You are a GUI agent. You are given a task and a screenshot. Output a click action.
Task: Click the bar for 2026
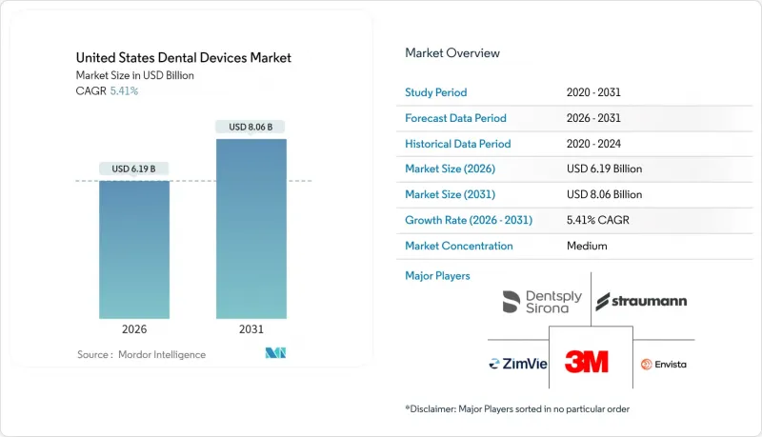coord(134,248)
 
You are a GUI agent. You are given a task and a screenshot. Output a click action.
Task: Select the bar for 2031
coord(251,228)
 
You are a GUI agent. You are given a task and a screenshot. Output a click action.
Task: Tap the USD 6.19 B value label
coord(134,169)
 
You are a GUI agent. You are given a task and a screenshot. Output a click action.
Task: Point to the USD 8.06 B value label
coord(251,127)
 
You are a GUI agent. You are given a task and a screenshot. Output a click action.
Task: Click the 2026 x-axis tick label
coord(134,330)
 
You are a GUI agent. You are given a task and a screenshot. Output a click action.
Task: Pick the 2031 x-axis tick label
coord(251,330)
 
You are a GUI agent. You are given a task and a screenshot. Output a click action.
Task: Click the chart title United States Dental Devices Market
coord(184,58)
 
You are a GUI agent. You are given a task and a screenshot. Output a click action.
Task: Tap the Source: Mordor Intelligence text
coord(141,354)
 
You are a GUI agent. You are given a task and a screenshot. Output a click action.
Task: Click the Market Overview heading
coord(452,53)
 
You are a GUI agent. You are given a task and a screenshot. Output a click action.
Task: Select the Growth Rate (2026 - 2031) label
coord(469,220)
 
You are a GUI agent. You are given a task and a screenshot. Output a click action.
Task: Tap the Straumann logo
coord(641,302)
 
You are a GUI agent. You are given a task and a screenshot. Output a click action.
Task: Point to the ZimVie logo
coord(518,364)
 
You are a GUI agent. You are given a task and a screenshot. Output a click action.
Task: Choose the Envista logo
coord(663,364)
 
